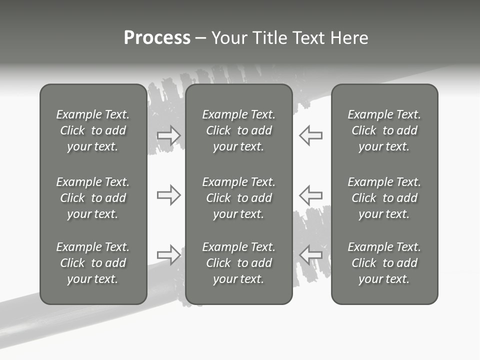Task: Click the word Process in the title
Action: [x=157, y=38]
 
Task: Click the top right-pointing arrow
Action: [x=169, y=135]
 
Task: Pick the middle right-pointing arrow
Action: [x=169, y=194]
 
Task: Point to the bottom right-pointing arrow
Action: [x=169, y=254]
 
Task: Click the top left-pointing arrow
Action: [x=310, y=135]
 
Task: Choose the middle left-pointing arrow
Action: [x=310, y=194]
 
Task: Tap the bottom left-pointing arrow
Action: [x=310, y=254]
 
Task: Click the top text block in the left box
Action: [x=93, y=130]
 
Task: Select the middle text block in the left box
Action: [x=93, y=198]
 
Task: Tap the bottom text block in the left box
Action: [x=93, y=263]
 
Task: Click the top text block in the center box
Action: [x=239, y=130]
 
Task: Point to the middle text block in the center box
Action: [x=239, y=198]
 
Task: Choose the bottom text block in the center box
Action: [x=239, y=263]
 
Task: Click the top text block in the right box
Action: [x=384, y=130]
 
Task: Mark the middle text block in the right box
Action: [x=384, y=198]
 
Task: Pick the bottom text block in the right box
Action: [x=384, y=263]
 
